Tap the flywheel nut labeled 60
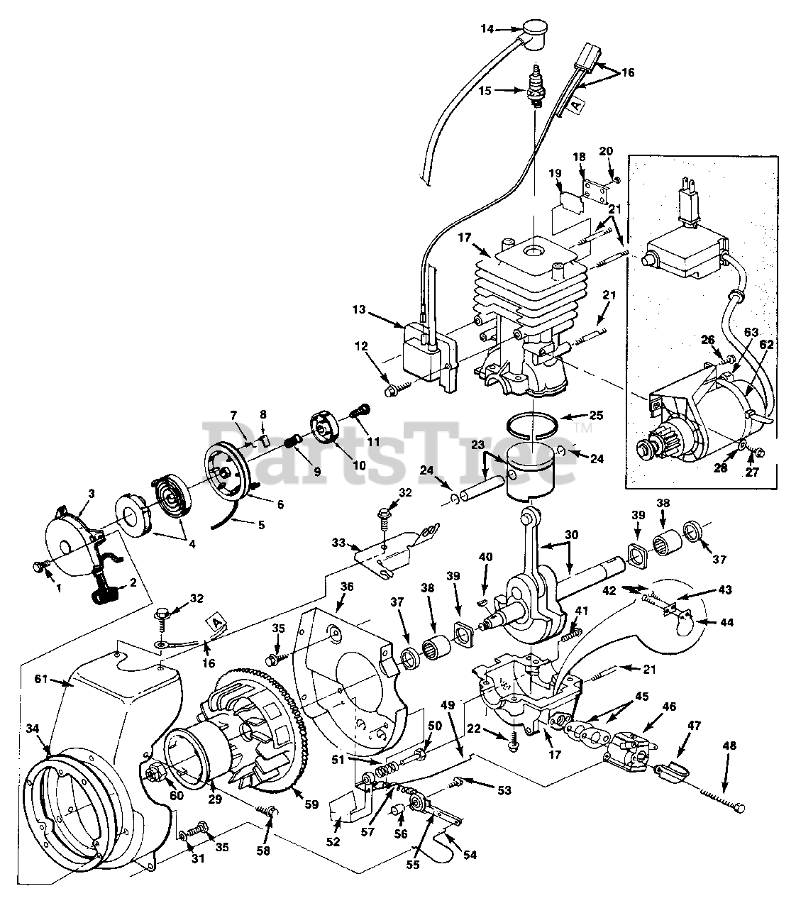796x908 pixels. pos(155,773)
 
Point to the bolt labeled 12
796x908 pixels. pos(392,389)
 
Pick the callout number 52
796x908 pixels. pos(333,842)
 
